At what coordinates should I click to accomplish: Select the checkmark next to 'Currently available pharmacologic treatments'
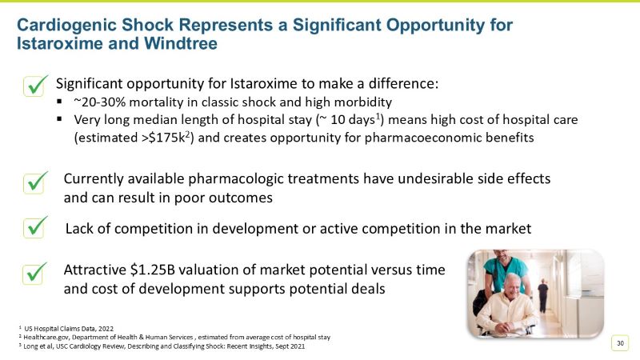34,183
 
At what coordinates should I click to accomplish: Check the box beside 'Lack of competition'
34,228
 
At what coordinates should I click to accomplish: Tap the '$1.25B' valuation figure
160,270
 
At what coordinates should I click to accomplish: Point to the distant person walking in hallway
543,294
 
